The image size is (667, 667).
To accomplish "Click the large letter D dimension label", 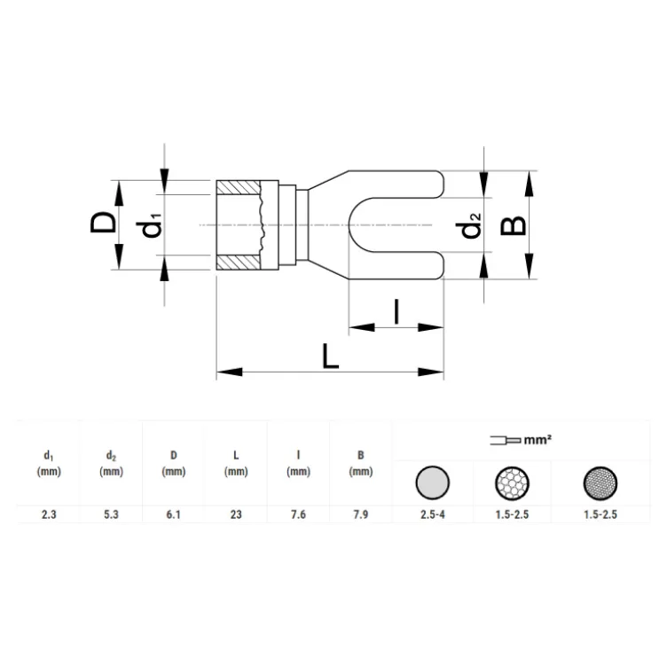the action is tap(103, 223).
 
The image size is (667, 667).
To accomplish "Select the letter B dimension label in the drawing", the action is tap(514, 225).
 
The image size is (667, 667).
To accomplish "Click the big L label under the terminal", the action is tap(331, 356).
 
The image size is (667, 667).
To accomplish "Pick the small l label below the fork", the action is tap(396, 312).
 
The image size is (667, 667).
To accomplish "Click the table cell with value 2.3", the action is tap(49, 514).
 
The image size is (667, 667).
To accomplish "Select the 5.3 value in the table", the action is tap(111, 514).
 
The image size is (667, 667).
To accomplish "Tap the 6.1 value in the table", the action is tap(173, 514).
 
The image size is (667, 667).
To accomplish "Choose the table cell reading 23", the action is tap(236, 514).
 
